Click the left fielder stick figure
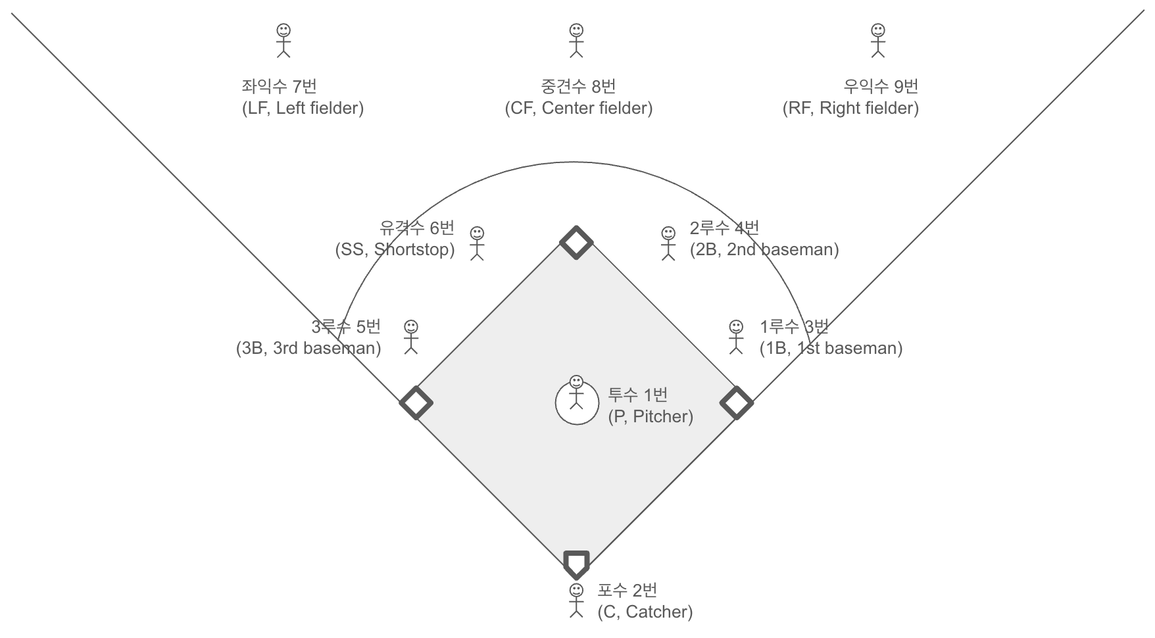[x=283, y=41]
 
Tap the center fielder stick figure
[x=576, y=41]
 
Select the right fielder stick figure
[x=877, y=41]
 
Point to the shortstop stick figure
[x=477, y=243]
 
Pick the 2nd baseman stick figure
[x=668, y=243]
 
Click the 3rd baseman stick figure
[x=411, y=337]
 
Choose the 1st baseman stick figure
[x=736, y=337]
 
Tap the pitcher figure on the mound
[x=576, y=393]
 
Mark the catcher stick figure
[x=576, y=601]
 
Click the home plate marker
[x=576, y=563]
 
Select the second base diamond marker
[x=576, y=242]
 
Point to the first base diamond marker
[x=737, y=403]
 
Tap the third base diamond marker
[x=416, y=403]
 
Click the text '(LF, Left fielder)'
[x=303, y=109]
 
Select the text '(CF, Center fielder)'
[x=579, y=109]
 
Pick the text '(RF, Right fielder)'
[x=850, y=109]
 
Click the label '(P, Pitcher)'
[x=651, y=416]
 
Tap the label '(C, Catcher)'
[x=645, y=612]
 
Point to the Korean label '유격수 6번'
[x=417, y=228]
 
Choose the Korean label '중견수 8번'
[x=578, y=86]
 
